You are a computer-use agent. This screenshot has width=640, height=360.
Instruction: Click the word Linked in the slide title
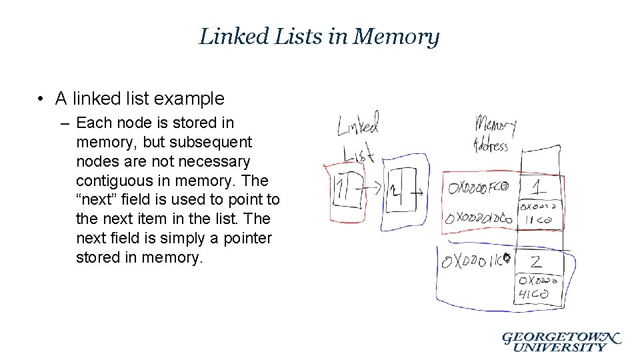(x=227, y=36)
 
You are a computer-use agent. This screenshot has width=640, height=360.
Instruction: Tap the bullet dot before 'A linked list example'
(x=41, y=99)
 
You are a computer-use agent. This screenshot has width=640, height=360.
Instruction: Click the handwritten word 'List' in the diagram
(x=359, y=155)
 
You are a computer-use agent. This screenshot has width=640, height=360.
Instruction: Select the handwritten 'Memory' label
(x=495, y=125)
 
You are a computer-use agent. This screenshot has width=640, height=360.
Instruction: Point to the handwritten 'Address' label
(x=490, y=144)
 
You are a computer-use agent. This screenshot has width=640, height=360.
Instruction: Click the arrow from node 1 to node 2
(x=372, y=189)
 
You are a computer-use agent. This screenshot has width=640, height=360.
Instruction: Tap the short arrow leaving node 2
(x=419, y=193)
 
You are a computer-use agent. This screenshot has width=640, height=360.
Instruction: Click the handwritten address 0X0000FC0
(x=477, y=188)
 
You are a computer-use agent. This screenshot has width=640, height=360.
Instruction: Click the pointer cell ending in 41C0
(x=537, y=287)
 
